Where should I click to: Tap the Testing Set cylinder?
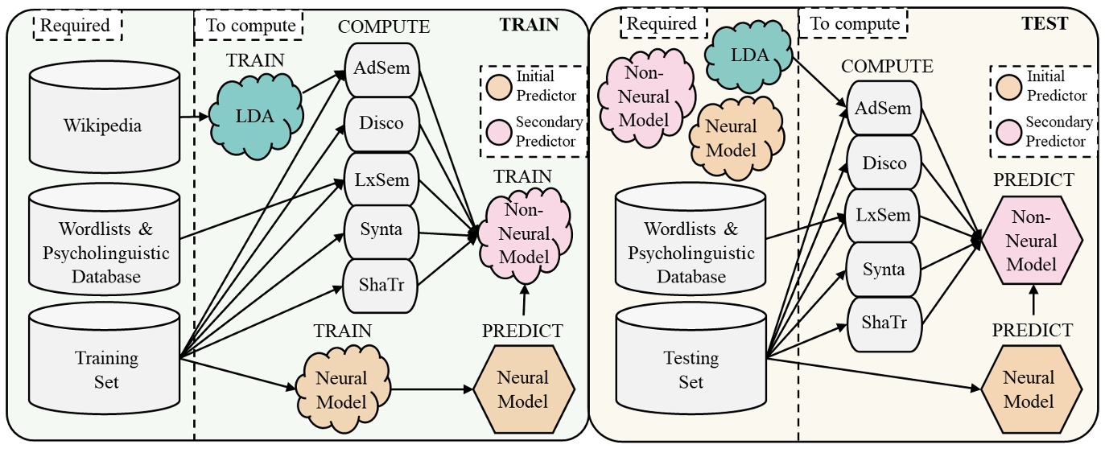tap(690, 368)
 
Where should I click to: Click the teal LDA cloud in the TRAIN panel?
tap(254, 115)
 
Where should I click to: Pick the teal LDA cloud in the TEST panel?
tap(747, 56)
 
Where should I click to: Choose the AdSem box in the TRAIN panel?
tap(381, 68)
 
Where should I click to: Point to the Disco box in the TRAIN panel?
tap(381, 123)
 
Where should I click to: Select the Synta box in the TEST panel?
tap(884, 270)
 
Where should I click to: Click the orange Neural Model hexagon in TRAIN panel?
tap(522, 389)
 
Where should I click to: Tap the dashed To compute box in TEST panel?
tap(854, 24)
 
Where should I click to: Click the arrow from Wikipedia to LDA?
tap(194, 117)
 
